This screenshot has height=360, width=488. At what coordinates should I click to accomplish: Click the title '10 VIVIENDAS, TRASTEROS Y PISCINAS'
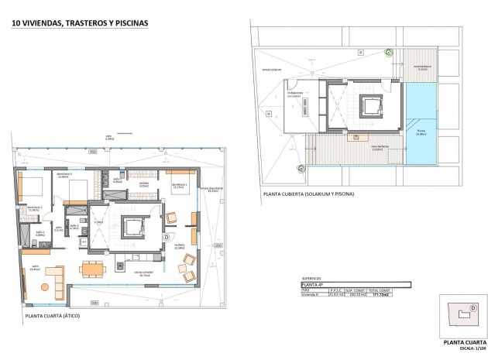click(x=79, y=23)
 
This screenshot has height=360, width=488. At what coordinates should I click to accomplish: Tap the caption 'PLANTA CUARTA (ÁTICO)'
click(x=52, y=316)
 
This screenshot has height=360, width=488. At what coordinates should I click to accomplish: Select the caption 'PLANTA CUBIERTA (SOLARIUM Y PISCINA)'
click(x=308, y=194)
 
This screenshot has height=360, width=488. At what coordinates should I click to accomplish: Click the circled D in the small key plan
click(x=473, y=307)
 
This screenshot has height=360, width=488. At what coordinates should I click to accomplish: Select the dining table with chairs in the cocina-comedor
click(x=92, y=268)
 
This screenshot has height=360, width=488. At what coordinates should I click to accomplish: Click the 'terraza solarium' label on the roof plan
click(x=276, y=70)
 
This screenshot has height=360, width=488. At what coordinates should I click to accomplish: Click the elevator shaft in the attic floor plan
click(x=135, y=226)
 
